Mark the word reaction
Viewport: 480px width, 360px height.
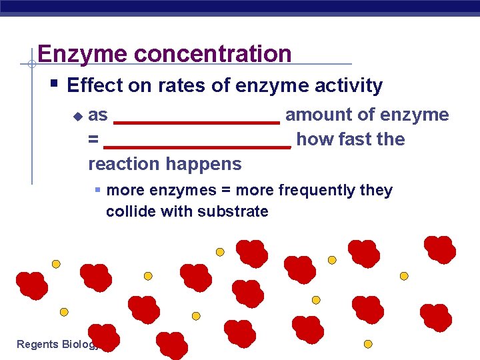point(121,164)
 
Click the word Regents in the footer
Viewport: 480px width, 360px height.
point(37,344)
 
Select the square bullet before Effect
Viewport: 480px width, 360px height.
point(55,85)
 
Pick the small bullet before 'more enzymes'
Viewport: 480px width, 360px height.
point(97,191)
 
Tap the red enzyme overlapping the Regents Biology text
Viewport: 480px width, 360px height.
point(103,337)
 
